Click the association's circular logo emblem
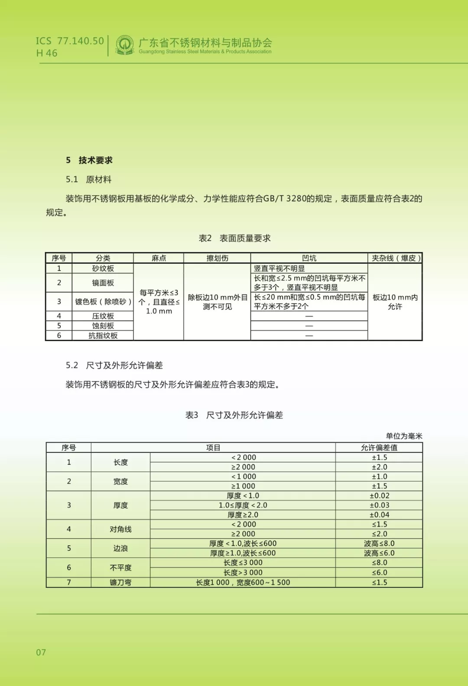click(x=125, y=45)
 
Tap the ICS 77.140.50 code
click(x=70, y=41)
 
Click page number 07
click(x=41, y=652)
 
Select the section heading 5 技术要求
click(x=89, y=160)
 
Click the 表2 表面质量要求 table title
click(x=234, y=238)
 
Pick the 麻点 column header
click(x=159, y=258)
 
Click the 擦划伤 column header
click(x=217, y=258)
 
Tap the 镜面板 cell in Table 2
click(x=103, y=283)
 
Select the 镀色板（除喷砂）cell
click(x=103, y=302)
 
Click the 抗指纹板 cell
click(x=103, y=335)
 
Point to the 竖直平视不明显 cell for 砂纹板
click(x=279, y=268)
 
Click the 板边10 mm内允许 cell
click(x=395, y=302)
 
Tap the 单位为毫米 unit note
click(x=404, y=436)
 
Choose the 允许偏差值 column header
click(x=379, y=448)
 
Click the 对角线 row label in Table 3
click(x=120, y=529)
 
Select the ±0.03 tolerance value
click(x=379, y=505)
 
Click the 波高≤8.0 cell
click(x=379, y=543)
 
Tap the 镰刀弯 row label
click(x=120, y=582)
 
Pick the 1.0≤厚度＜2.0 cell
click(x=243, y=505)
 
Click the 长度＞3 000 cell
click(x=243, y=572)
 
